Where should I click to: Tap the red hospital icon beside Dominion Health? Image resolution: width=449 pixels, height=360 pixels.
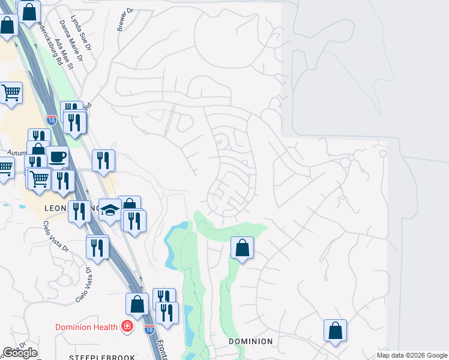coord(127,327)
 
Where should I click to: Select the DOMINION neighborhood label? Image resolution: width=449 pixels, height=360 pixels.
coord(251,341)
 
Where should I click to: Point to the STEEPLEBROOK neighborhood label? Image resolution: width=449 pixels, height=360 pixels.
coord(102,358)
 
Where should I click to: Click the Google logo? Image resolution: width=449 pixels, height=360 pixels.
coord(20,353)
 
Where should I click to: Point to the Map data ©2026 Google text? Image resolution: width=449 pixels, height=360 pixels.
coord(411,355)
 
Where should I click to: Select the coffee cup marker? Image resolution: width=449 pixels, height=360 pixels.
coord(57,157)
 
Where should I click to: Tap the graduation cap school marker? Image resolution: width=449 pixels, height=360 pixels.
coord(110,210)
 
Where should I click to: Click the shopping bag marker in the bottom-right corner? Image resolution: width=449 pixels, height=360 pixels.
coord(335,330)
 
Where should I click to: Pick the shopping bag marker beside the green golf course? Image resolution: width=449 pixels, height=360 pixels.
coord(242,247)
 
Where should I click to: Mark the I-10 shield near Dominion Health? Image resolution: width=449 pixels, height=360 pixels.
coord(149,329)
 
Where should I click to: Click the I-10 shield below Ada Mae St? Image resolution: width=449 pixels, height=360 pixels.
coord(52,120)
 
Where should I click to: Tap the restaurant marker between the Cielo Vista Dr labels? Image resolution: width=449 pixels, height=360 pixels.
coord(97,247)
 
